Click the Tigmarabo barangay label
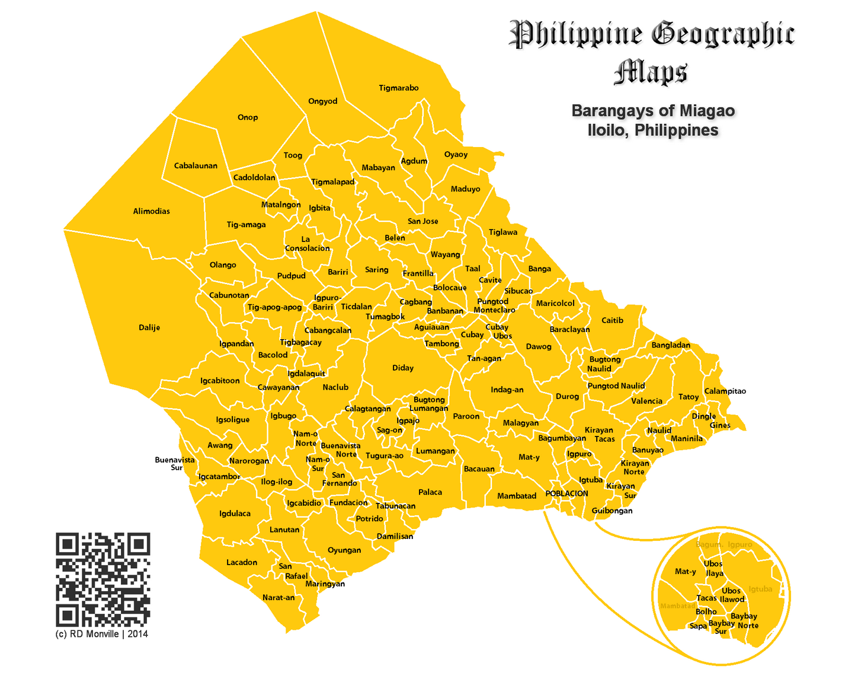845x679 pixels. (398, 88)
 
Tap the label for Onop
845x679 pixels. (248, 117)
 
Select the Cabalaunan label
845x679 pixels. (196, 166)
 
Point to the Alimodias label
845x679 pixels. (151, 211)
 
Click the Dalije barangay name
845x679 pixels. (149, 327)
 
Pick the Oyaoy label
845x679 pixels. (456, 155)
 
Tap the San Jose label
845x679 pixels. (423, 221)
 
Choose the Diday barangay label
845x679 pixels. (403, 368)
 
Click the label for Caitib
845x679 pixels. (612, 320)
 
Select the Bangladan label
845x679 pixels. (671, 345)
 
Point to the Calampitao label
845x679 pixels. (725, 391)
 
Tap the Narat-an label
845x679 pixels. (279, 597)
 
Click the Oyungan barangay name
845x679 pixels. (344, 550)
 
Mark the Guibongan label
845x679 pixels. (612, 511)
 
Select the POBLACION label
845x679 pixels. (566, 493)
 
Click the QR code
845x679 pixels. (103, 579)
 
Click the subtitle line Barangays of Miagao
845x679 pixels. (653, 111)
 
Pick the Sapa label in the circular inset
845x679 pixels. (698, 626)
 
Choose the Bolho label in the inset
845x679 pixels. (706, 611)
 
